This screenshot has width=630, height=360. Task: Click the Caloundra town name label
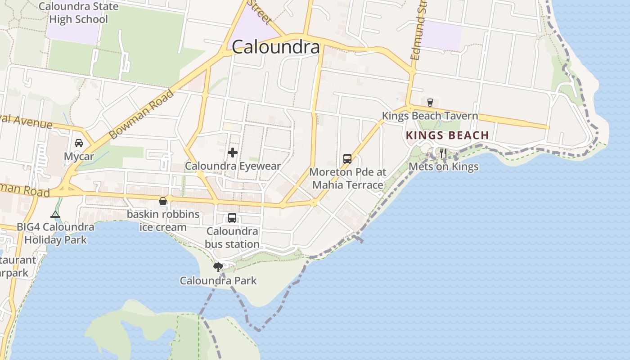pos(275,47)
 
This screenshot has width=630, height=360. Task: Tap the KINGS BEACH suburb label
pos(447,135)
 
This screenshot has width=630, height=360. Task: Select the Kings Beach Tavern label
pos(430,116)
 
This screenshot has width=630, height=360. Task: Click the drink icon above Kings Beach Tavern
pos(430,102)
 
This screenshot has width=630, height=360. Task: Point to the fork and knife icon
pos(443,153)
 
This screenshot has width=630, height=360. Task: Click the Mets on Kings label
pos(443,167)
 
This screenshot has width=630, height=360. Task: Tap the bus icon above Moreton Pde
pos(347,158)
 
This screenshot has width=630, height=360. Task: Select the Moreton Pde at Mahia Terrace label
pos(347,179)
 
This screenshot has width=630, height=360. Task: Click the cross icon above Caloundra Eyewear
pos(233,153)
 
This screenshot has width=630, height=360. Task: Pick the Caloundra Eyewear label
pos(233,166)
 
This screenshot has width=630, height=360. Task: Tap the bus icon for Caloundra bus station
pos(232,218)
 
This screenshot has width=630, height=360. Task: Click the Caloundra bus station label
pos(232,238)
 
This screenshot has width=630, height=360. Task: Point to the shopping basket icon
pos(162,201)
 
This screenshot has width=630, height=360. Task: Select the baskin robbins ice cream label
pos(163,220)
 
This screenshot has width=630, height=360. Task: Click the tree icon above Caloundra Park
pos(218,267)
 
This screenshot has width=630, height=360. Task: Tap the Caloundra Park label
pos(218,281)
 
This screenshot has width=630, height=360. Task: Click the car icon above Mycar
pos(79,143)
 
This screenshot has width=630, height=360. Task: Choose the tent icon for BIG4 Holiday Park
pos(55,214)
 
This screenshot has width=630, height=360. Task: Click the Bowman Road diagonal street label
pos(141,114)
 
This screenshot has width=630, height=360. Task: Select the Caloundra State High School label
pos(78,13)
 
